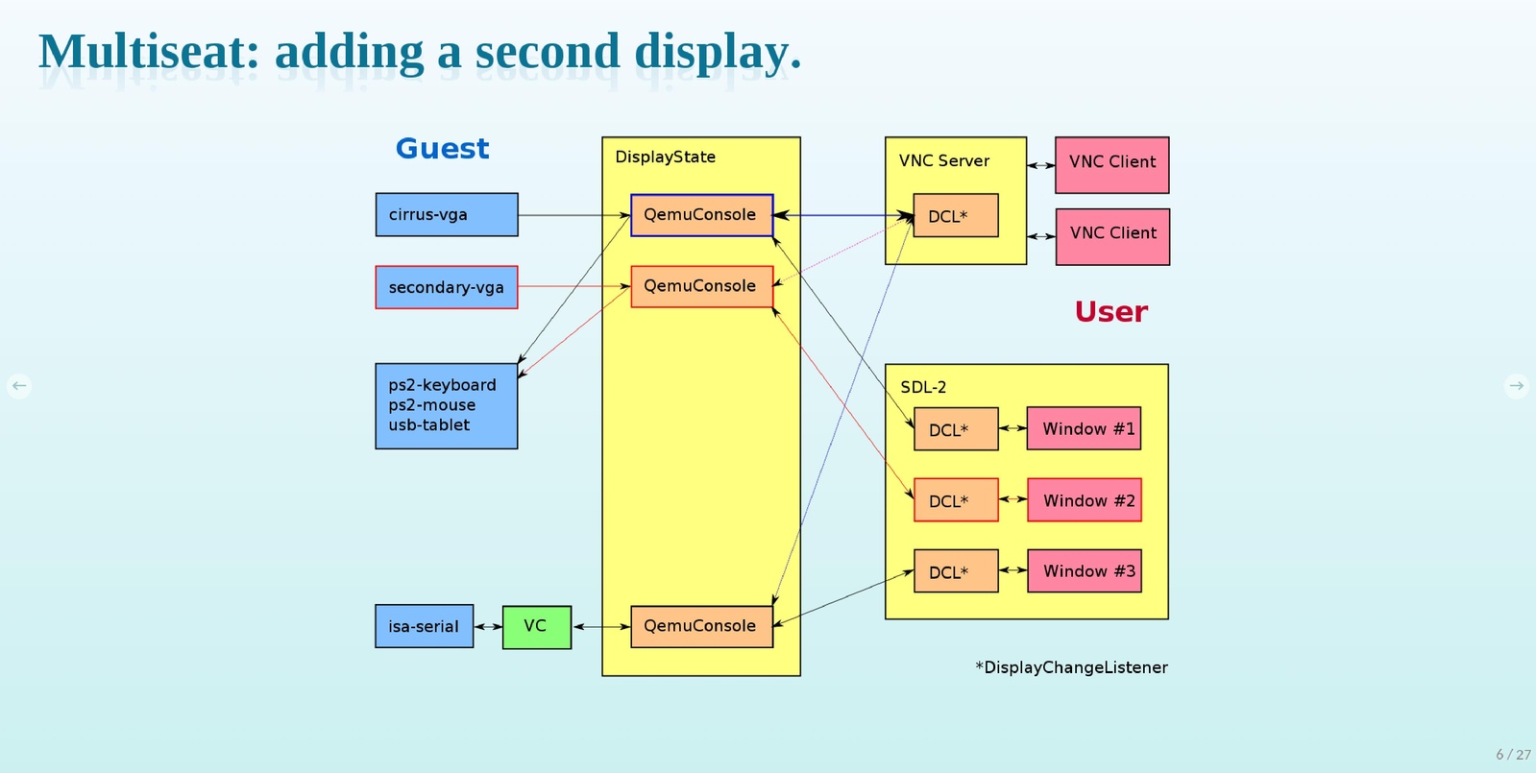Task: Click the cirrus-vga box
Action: [x=446, y=214]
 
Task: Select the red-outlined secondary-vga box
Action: [x=446, y=287]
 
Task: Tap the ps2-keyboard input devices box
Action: [x=446, y=405]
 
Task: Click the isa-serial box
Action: [x=424, y=626]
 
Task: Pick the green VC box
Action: [x=536, y=626]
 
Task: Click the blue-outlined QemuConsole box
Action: [x=701, y=215]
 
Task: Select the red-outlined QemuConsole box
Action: [x=701, y=286]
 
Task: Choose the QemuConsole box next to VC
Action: [x=701, y=626]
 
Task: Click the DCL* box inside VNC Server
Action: [x=955, y=216]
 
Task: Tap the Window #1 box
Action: [x=1084, y=428]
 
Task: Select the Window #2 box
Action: [x=1084, y=500]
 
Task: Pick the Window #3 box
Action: [x=1084, y=571]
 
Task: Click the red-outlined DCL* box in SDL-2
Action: [x=955, y=500]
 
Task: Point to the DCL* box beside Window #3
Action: [x=955, y=571]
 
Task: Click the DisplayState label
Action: [x=665, y=157]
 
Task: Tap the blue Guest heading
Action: [x=442, y=149]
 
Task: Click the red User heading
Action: [x=1110, y=312]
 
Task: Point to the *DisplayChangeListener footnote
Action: [x=1071, y=667]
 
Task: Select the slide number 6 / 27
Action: [x=1513, y=755]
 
